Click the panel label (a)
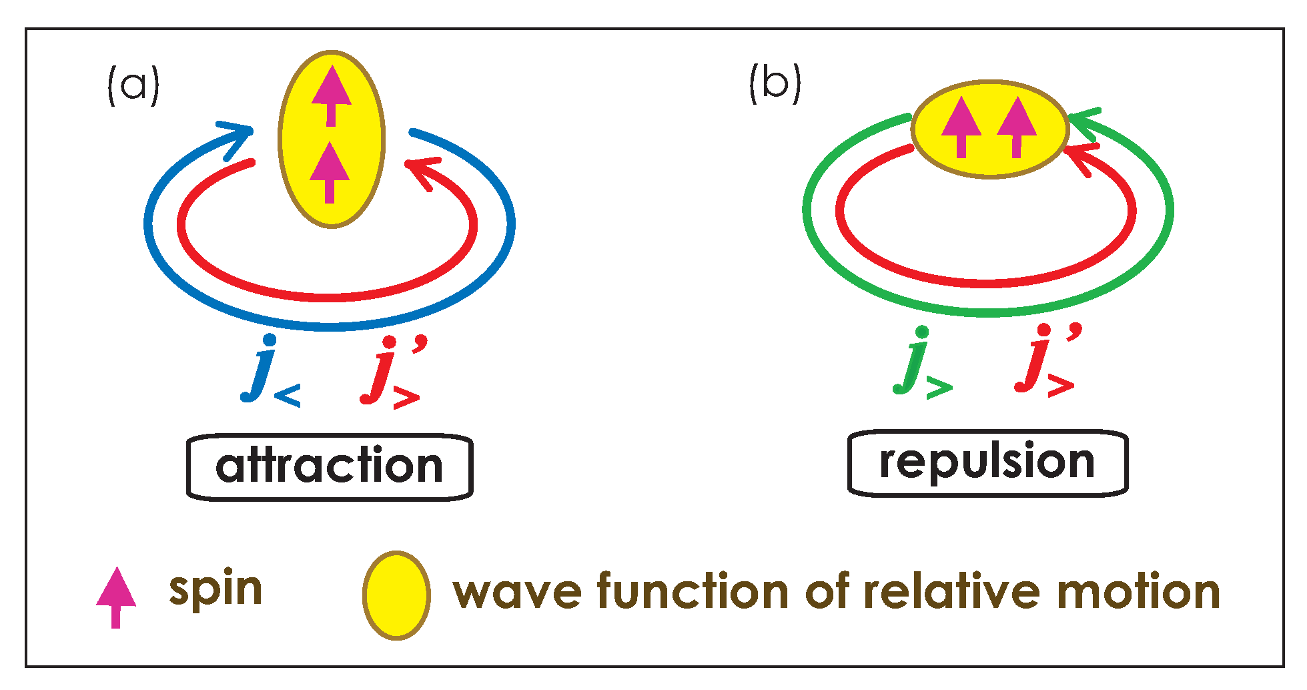(x=133, y=85)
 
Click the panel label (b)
(x=775, y=83)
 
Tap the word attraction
(x=329, y=466)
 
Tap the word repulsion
(x=987, y=462)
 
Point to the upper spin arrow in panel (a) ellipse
(x=331, y=95)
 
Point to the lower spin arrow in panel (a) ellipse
(x=330, y=172)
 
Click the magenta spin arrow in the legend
(x=116, y=596)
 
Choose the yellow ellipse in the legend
(x=396, y=595)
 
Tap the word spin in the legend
(x=215, y=590)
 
